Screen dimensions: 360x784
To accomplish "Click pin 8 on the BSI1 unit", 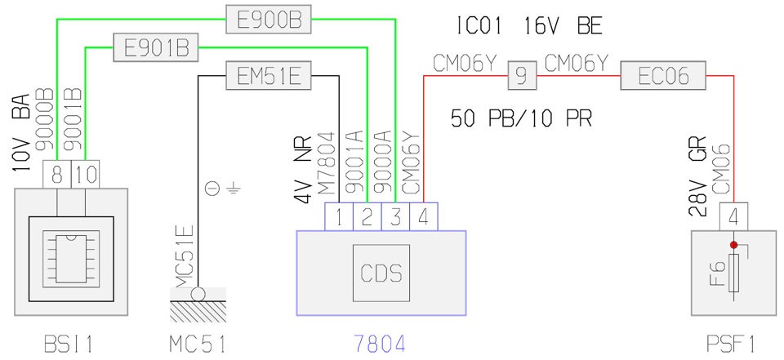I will [57, 174].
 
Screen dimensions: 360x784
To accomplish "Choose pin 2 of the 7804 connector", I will [367, 217].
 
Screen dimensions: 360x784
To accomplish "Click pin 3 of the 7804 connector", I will [395, 217].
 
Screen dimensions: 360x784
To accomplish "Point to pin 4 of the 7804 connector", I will [423, 217].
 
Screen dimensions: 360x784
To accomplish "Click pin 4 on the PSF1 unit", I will [734, 217].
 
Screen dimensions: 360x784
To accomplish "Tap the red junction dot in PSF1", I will [734, 244].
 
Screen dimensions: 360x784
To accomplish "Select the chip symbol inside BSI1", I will [72, 251].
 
